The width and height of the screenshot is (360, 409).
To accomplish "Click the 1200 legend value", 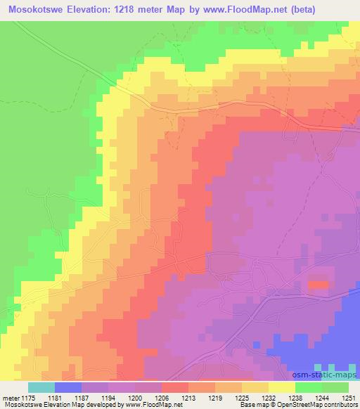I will click(x=135, y=397).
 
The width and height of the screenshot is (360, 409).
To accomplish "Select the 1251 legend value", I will click(x=349, y=397).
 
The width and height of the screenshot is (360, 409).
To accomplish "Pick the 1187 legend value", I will click(x=82, y=397).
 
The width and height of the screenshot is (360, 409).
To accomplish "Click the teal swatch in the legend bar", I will click(x=41, y=387).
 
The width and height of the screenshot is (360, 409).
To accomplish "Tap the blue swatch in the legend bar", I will click(x=68, y=387).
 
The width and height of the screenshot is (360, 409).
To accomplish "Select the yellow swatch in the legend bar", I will click(x=282, y=387).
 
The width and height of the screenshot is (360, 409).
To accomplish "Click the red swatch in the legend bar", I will click(x=175, y=387).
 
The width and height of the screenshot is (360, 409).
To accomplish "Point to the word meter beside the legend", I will click(x=10, y=397).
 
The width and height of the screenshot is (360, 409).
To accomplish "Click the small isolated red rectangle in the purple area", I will click(x=318, y=285).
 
